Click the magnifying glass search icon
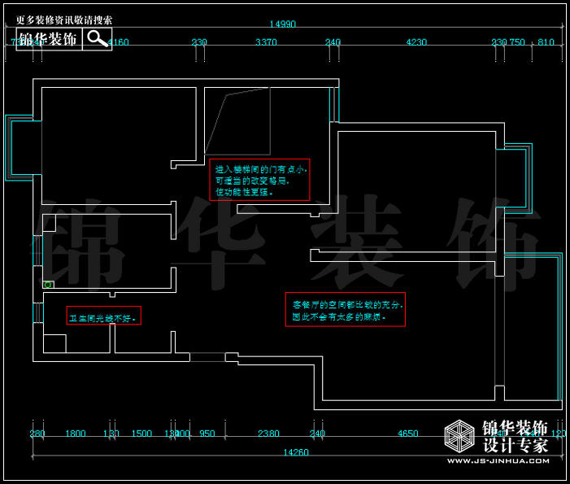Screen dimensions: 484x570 point(97,38)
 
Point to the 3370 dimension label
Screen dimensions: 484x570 point(266,42)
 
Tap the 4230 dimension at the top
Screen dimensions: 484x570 point(416,42)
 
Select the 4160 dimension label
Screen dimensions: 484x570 point(119,42)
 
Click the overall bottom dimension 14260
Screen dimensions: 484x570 point(295,451)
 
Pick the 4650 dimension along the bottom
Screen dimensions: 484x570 point(407,434)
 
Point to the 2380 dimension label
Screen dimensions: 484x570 point(268,434)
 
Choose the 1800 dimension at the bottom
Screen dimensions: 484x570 point(75,434)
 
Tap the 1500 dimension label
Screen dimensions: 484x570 point(141,434)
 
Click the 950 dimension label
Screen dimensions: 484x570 point(207,434)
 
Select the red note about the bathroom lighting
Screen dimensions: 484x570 point(103,316)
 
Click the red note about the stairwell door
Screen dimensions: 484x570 point(259,180)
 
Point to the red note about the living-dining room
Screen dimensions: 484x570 point(345,309)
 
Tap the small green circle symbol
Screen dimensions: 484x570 point(48,285)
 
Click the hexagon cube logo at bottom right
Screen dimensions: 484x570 point(460,437)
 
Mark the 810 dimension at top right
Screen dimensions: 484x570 point(546,42)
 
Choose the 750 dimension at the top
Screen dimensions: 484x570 point(516,42)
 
